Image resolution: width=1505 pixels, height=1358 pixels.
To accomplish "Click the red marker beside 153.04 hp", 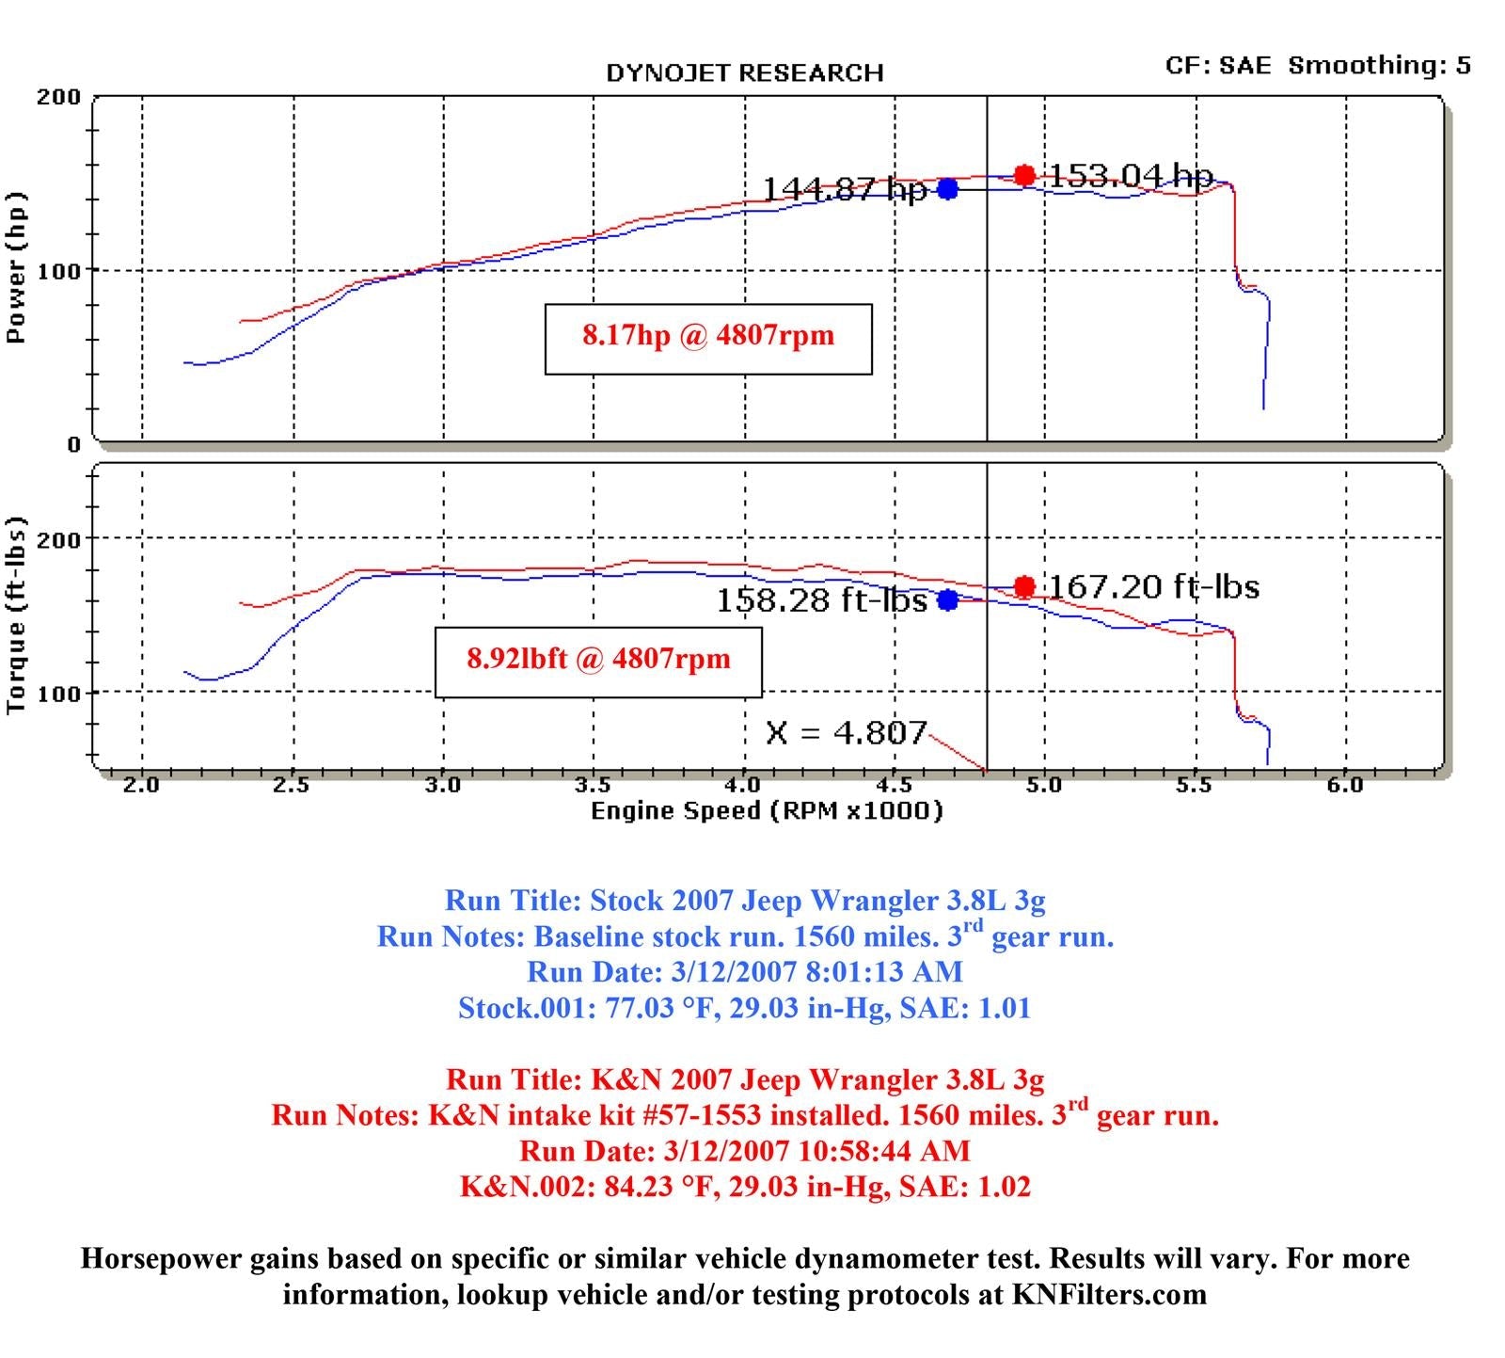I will tap(1024, 175).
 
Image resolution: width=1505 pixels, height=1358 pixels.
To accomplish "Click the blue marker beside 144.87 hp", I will tap(947, 189).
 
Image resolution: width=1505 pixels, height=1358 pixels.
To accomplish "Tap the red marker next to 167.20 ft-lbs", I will tap(1024, 587).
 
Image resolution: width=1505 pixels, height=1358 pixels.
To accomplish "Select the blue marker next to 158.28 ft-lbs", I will tap(947, 599).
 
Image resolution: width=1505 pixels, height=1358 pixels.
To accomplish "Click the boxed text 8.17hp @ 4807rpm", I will tap(708, 336).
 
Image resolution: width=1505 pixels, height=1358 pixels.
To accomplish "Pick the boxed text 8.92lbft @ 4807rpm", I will tap(598, 658).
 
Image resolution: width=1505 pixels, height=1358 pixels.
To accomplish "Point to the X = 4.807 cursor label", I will tap(846, 732).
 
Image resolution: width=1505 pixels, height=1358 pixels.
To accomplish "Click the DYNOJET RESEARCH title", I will tap(745, 73).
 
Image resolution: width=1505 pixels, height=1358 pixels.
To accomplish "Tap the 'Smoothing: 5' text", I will tap(1379, 65).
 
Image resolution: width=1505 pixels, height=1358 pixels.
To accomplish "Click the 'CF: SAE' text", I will tap(1217, 65).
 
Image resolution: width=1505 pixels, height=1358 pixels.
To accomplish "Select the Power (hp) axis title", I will tap(16, 268).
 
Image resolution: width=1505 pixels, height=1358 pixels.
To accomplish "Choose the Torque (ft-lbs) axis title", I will tap(16, 615).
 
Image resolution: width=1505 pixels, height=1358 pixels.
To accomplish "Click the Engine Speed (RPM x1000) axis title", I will tap(767, 810).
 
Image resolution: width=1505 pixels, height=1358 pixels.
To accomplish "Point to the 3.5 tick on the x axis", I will tap(593, 785).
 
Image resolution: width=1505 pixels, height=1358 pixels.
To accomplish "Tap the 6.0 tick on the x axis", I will tap(1345, 785).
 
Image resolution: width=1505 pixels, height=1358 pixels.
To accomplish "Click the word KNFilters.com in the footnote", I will tap(1109, 1295).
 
